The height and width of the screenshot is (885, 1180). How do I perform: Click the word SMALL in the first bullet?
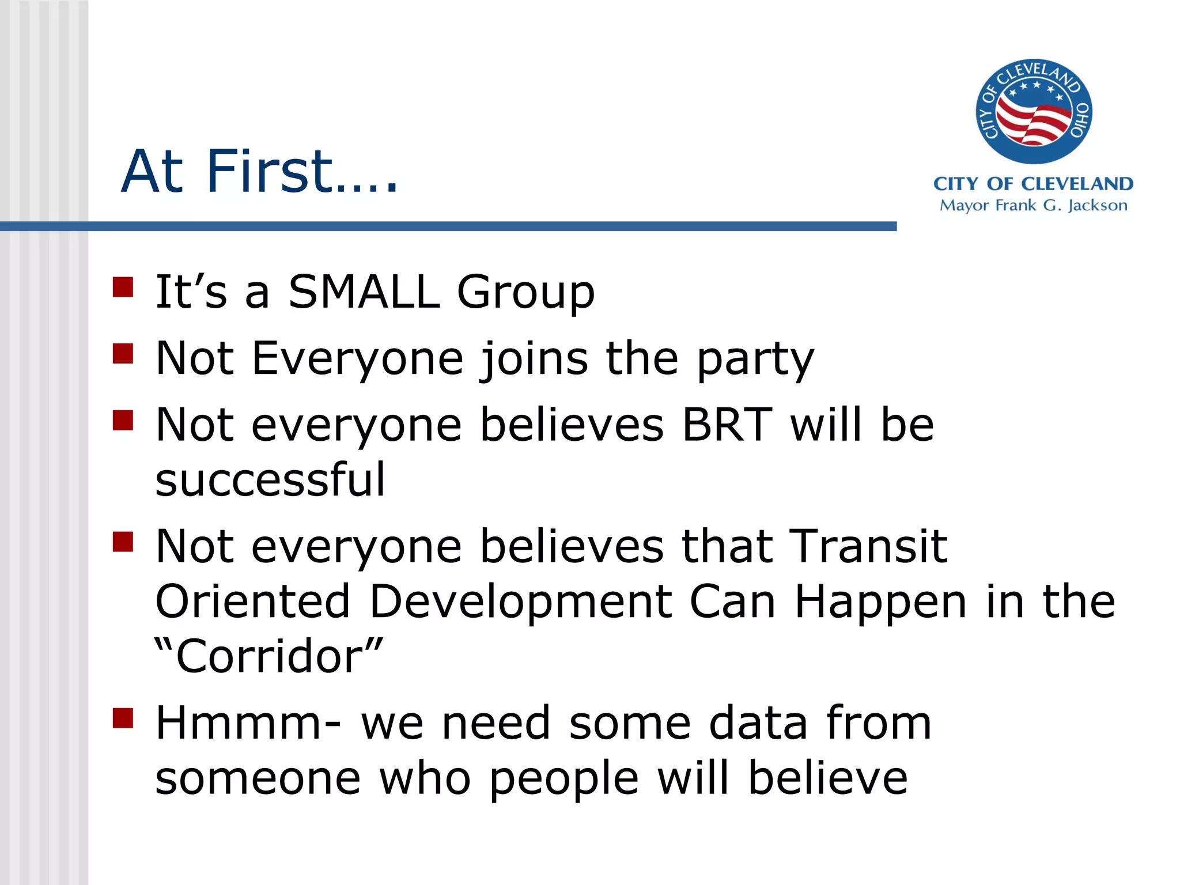(x=363, y=292)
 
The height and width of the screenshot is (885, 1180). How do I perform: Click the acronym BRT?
(x=727, y=425)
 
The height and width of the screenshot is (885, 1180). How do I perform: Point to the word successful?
(x=270, y=480)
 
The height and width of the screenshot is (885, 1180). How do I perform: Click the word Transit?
(x=868, y=547)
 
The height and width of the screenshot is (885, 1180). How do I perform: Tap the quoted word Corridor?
(x=268, y=656)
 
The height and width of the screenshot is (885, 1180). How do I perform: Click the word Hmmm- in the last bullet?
(x=248, y=724)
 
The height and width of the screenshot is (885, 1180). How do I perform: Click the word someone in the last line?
(x=258, y=778)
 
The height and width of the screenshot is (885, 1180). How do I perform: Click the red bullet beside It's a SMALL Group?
(x=123, y=287)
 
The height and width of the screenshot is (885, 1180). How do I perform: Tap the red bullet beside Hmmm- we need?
(x=123, y=718)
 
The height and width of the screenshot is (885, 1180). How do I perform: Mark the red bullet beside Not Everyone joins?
(x=123, y=354)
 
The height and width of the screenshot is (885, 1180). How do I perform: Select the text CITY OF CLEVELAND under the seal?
(x=1033, y=184)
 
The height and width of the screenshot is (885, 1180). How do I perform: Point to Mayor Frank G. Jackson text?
(x=1033, y=206)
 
